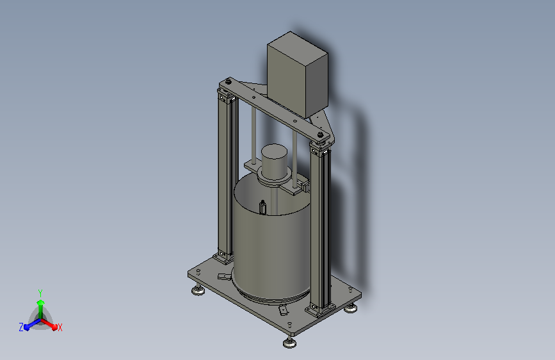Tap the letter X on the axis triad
(x=60, y=327)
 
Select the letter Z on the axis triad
(x=21, y=327)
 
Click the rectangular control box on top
(x=298, y=74)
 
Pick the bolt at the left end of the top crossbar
(x=229, y=82)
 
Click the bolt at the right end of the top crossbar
(x=320, y=135)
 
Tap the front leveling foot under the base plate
(x=289, y=343)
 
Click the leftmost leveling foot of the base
(x=198, y=291)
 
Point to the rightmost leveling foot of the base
(x=350, y=309)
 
